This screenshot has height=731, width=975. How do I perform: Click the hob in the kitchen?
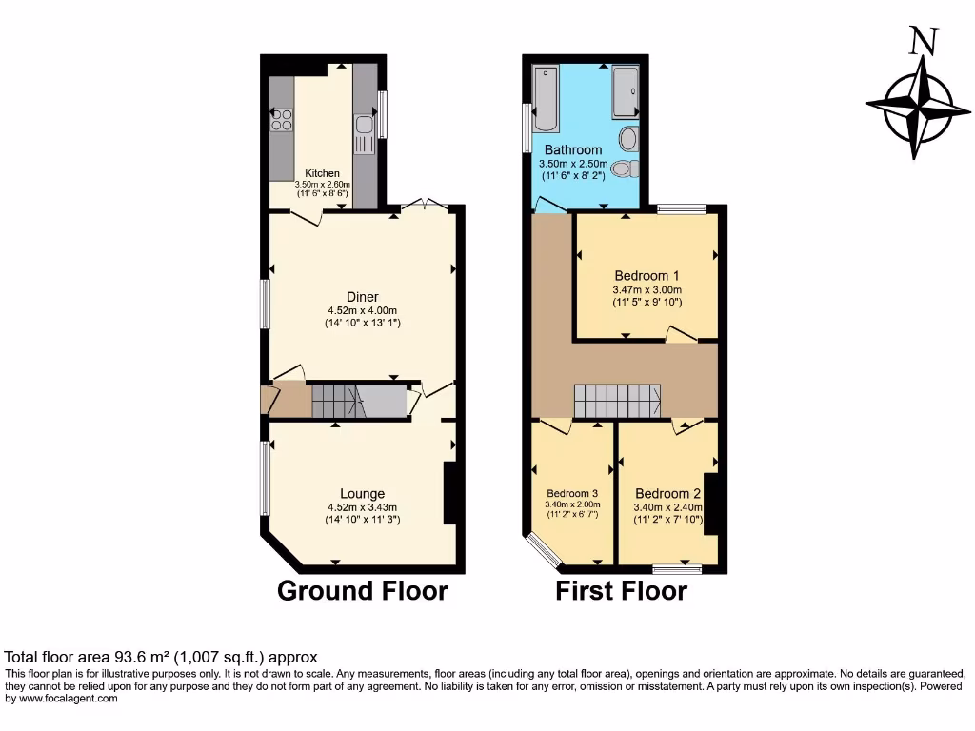click(x=282, y=119)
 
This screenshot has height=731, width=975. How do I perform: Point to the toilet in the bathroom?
click(x=622, y=168)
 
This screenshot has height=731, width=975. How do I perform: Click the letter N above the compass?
click(x=921, y=42)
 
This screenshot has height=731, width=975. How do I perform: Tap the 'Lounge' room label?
click(x=362, y=493)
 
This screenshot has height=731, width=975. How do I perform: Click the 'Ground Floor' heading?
click(x=362, y=591)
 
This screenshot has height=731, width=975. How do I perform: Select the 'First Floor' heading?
click(x=621, y=591)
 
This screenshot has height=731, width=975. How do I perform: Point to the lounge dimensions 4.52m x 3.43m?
click(x=362, y=507)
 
